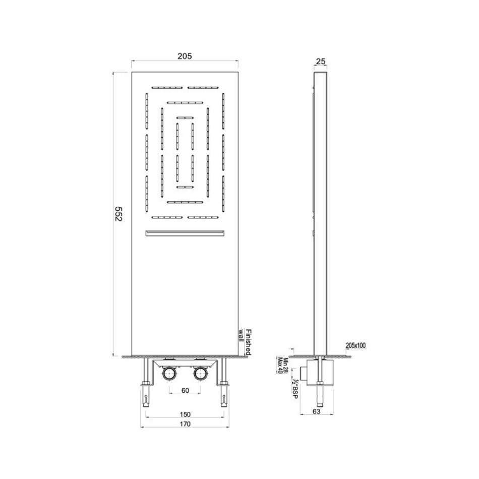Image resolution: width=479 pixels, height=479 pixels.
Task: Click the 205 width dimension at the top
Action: click(x=185, y=56)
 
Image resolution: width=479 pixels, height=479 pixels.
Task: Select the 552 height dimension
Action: click(x=118, y=214)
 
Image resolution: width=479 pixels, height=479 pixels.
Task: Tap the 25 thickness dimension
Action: click(x=321, y=62)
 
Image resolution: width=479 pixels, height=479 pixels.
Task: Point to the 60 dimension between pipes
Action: click(x=185, y=390)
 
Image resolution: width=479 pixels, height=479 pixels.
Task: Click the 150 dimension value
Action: click(x=185, y=414)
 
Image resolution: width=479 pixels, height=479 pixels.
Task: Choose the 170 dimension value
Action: click(x=185, y=424)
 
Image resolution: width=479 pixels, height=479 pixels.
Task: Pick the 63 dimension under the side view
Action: click(x=317, y=411)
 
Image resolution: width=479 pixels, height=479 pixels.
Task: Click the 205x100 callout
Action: click(x=355, y=345)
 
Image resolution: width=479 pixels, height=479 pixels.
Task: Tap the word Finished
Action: click(x=248, y=342)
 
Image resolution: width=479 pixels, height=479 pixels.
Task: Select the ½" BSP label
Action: click(x=295, y=389)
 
